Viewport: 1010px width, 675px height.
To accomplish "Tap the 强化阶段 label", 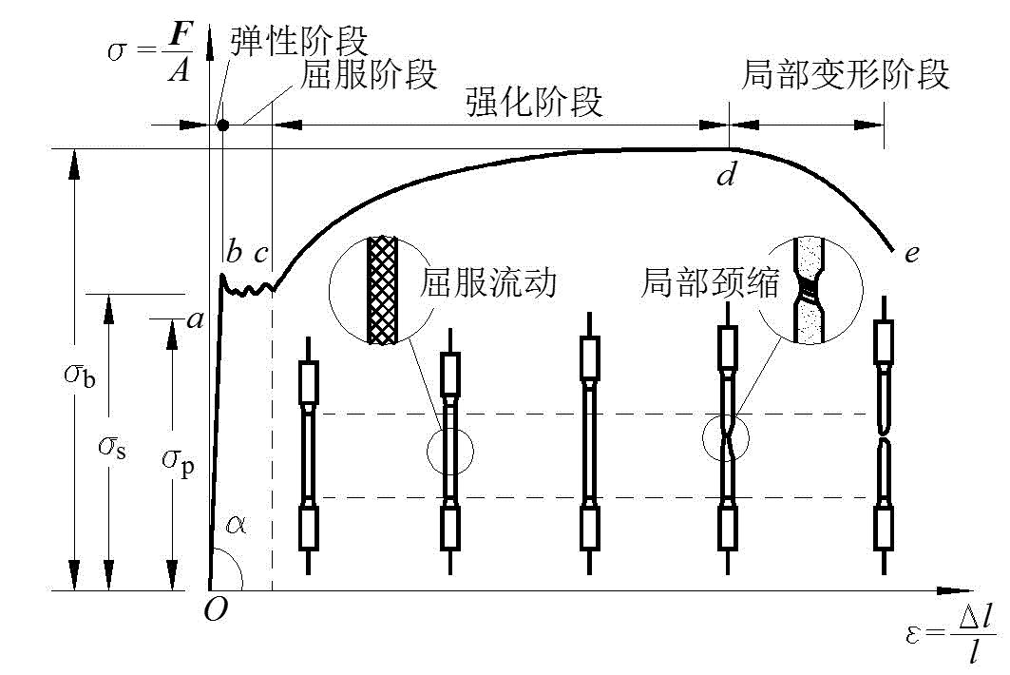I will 535,102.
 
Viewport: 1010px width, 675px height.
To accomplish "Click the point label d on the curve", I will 726,175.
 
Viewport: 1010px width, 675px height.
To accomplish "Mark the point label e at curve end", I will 912,254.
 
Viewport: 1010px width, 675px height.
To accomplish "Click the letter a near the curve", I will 196,320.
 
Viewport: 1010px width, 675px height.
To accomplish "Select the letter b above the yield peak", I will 234,253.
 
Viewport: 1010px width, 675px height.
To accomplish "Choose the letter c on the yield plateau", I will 260,254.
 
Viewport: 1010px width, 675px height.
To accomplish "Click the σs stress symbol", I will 113,446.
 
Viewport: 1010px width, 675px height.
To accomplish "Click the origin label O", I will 216,610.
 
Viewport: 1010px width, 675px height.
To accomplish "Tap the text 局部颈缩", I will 711,283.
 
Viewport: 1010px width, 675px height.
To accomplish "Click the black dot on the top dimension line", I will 222,124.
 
